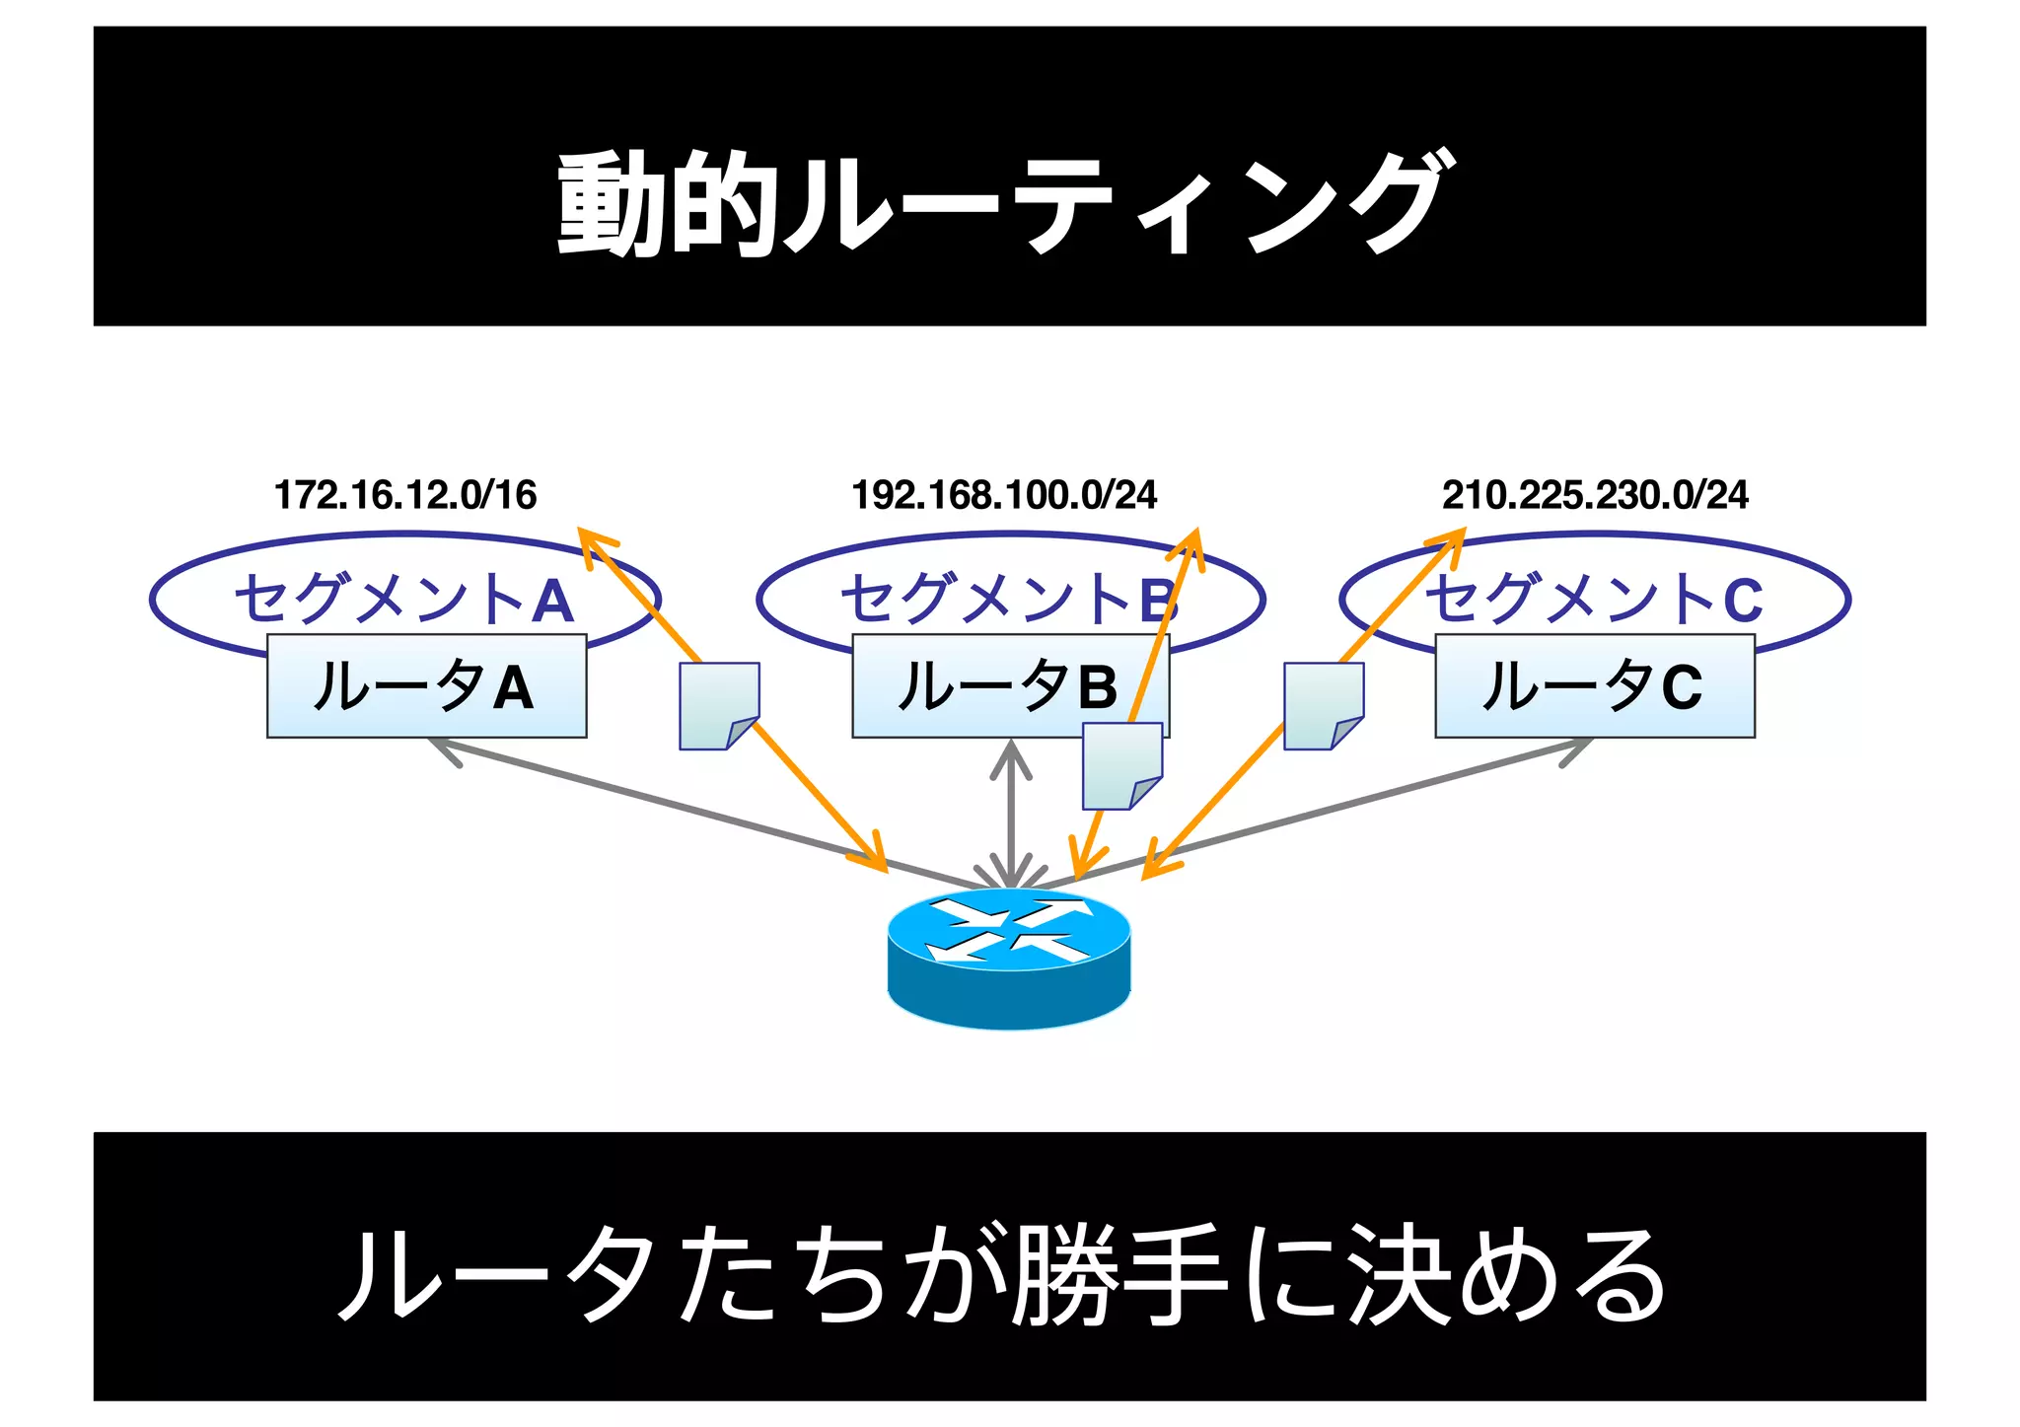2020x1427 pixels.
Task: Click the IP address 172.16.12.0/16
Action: (404, 495)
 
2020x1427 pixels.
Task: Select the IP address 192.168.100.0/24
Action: (1003, 495)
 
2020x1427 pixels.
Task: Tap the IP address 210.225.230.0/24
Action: (1594, 495)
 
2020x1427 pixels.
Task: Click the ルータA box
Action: (426, 686)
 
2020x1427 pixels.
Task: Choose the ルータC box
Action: (1594, 686)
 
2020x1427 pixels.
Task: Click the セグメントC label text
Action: (1594, 599)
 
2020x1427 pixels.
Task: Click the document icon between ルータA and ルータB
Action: (719, 706)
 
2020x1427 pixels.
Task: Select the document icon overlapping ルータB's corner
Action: (1121, 766)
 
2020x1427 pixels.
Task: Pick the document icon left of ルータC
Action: (1323, 706)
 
